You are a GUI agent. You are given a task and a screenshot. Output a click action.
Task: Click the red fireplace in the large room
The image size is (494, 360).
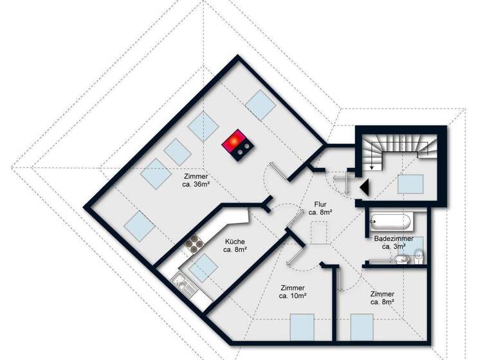pyautogui.click(x=236, y=144)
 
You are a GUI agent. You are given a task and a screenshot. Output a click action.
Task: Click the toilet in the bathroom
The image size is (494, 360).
pyautogui.click(x=419, y=256)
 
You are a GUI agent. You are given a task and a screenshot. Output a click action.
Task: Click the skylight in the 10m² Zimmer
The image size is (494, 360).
pyautogui.click(x=302, y=326)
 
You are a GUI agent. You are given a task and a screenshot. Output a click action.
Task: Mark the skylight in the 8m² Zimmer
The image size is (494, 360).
pyautogui.click(x=364, y=326)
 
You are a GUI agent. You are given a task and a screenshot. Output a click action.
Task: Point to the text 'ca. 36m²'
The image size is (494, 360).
pyautogui.click(x=197, y=183)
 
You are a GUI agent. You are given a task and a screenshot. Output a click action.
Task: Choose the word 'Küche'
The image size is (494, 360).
pyautogui.click(x=234, y=242)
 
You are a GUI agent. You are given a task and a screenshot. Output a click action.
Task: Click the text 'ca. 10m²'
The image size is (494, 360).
pyautogui.click(x=293, y=296)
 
